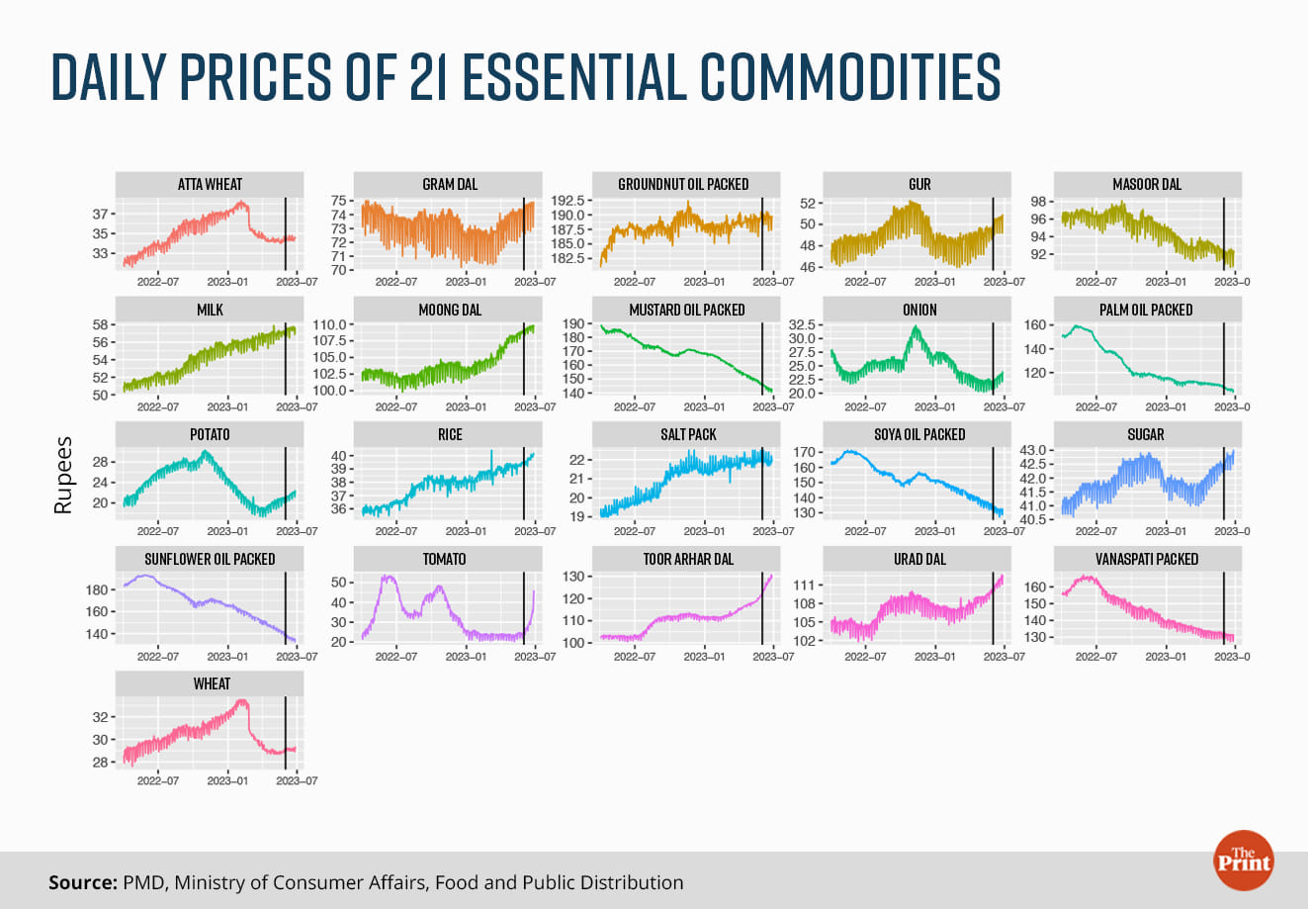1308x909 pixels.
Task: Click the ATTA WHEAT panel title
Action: coord(210,184)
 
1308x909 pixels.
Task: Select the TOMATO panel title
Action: coord(444,559)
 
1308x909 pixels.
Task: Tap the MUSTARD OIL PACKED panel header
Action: coord(687,310)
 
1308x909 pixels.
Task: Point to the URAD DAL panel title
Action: coord(919,559)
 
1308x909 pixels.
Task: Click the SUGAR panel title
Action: coord(1146,434)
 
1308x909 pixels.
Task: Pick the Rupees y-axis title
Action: coord(64,475)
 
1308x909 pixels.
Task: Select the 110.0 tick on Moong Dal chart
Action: coord(327,325)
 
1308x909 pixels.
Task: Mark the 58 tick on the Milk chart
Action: coord(99,325)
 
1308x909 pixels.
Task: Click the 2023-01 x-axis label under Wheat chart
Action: coord(226,780)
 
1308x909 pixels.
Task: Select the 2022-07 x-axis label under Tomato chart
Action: coord(396,656)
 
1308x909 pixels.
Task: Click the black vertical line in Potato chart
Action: coord(285,480)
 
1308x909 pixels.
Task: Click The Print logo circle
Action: coord(1243,860)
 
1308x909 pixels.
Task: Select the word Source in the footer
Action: coord(81,882)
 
